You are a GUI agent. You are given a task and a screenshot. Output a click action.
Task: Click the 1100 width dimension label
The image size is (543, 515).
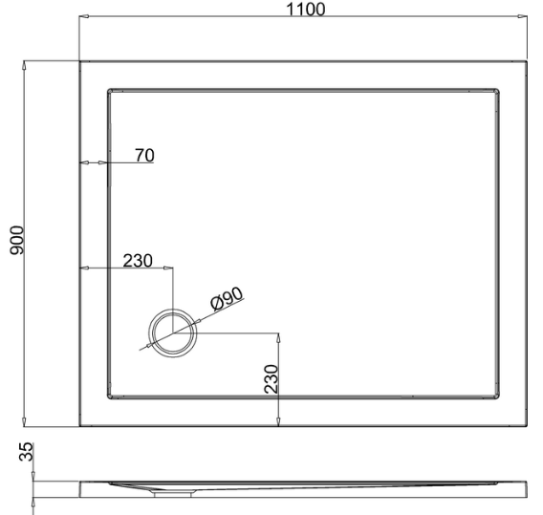(x=306, y=10)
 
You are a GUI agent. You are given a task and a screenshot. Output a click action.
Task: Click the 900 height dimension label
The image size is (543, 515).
(x=16, y=241)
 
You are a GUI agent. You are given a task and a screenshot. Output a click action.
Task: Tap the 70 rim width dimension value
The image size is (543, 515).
(x=144, y=156)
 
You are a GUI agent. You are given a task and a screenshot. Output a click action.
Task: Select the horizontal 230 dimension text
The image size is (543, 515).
(x=138, y=261)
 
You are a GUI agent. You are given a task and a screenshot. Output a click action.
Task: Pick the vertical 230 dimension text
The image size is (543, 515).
(x=271, y=379)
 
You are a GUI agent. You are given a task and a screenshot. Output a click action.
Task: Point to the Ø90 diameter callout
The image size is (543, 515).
(x=227, y=299)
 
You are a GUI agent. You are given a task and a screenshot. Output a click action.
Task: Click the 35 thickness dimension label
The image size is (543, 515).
(x=27, y=452)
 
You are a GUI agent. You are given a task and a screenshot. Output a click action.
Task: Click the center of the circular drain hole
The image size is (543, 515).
(x=173, y=333)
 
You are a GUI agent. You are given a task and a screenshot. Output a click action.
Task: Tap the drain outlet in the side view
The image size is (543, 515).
(x=173, y=494)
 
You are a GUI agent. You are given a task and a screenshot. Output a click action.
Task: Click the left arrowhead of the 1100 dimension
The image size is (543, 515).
(x=84, y=16)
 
